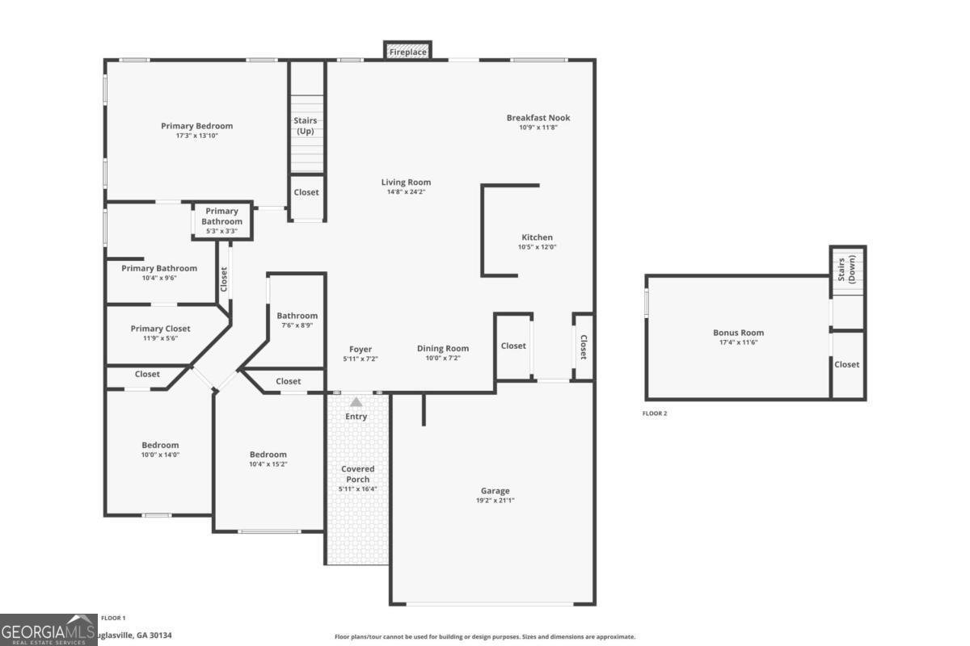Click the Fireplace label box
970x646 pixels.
pyautogui.click(x=407, y=52)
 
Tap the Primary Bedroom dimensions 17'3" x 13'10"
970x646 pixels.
pyautogui.click(x=197, y=136)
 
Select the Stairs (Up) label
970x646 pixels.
pyautogui.click(x=305, y=126)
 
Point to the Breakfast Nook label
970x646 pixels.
pyautogui.click(x=538, y=118)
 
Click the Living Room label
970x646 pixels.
pyautogui.click(x=406, y=182)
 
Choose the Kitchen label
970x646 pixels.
pyautogui.click(x=537, y=237)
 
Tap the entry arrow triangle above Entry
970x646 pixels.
pyautogui.click(x=356, y=401)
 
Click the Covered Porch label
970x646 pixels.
pyautogui.click(x=357, y=474)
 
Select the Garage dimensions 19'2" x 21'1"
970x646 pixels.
pyautogui.click(x=496, y=501)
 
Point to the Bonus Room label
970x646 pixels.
pyautogui.click(x=738, y=333)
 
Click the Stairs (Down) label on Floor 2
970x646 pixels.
pyautogui.click(x=846, y=269)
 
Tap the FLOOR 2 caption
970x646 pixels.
pyautogui.click(x=655, y=413)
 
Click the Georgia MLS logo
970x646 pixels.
pyautogui.click(x=48, y=630)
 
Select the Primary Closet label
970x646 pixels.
pyautogui.click(x=161, y=329)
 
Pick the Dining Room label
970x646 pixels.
pyautogui.click(x=443, y=349)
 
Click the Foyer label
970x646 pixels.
pyautogui.click(x=361, y=349)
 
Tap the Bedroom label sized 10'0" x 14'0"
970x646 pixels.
pyautogui.click(x=160, y=445)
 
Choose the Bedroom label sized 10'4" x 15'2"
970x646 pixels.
pyautogui.click(x=268, y=455)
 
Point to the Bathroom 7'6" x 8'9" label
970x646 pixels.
pyautogui.click(x=297, y=316)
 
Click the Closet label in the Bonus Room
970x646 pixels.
pyautogui.click(x=847, y=364)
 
